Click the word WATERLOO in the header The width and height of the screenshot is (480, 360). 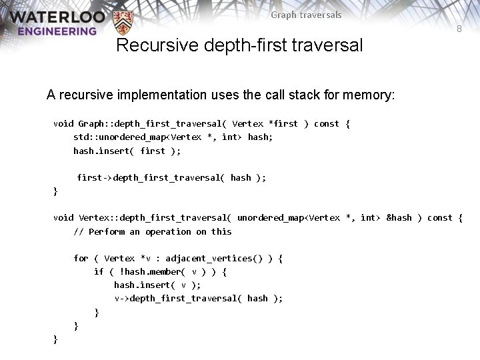57,16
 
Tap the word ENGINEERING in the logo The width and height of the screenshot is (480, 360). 57,31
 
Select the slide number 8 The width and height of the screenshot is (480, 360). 459,29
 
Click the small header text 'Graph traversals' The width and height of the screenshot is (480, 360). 306,15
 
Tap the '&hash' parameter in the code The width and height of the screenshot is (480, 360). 399,218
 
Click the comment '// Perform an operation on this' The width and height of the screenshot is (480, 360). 153,231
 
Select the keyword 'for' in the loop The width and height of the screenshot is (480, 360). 81,258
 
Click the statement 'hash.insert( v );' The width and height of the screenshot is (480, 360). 157,285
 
